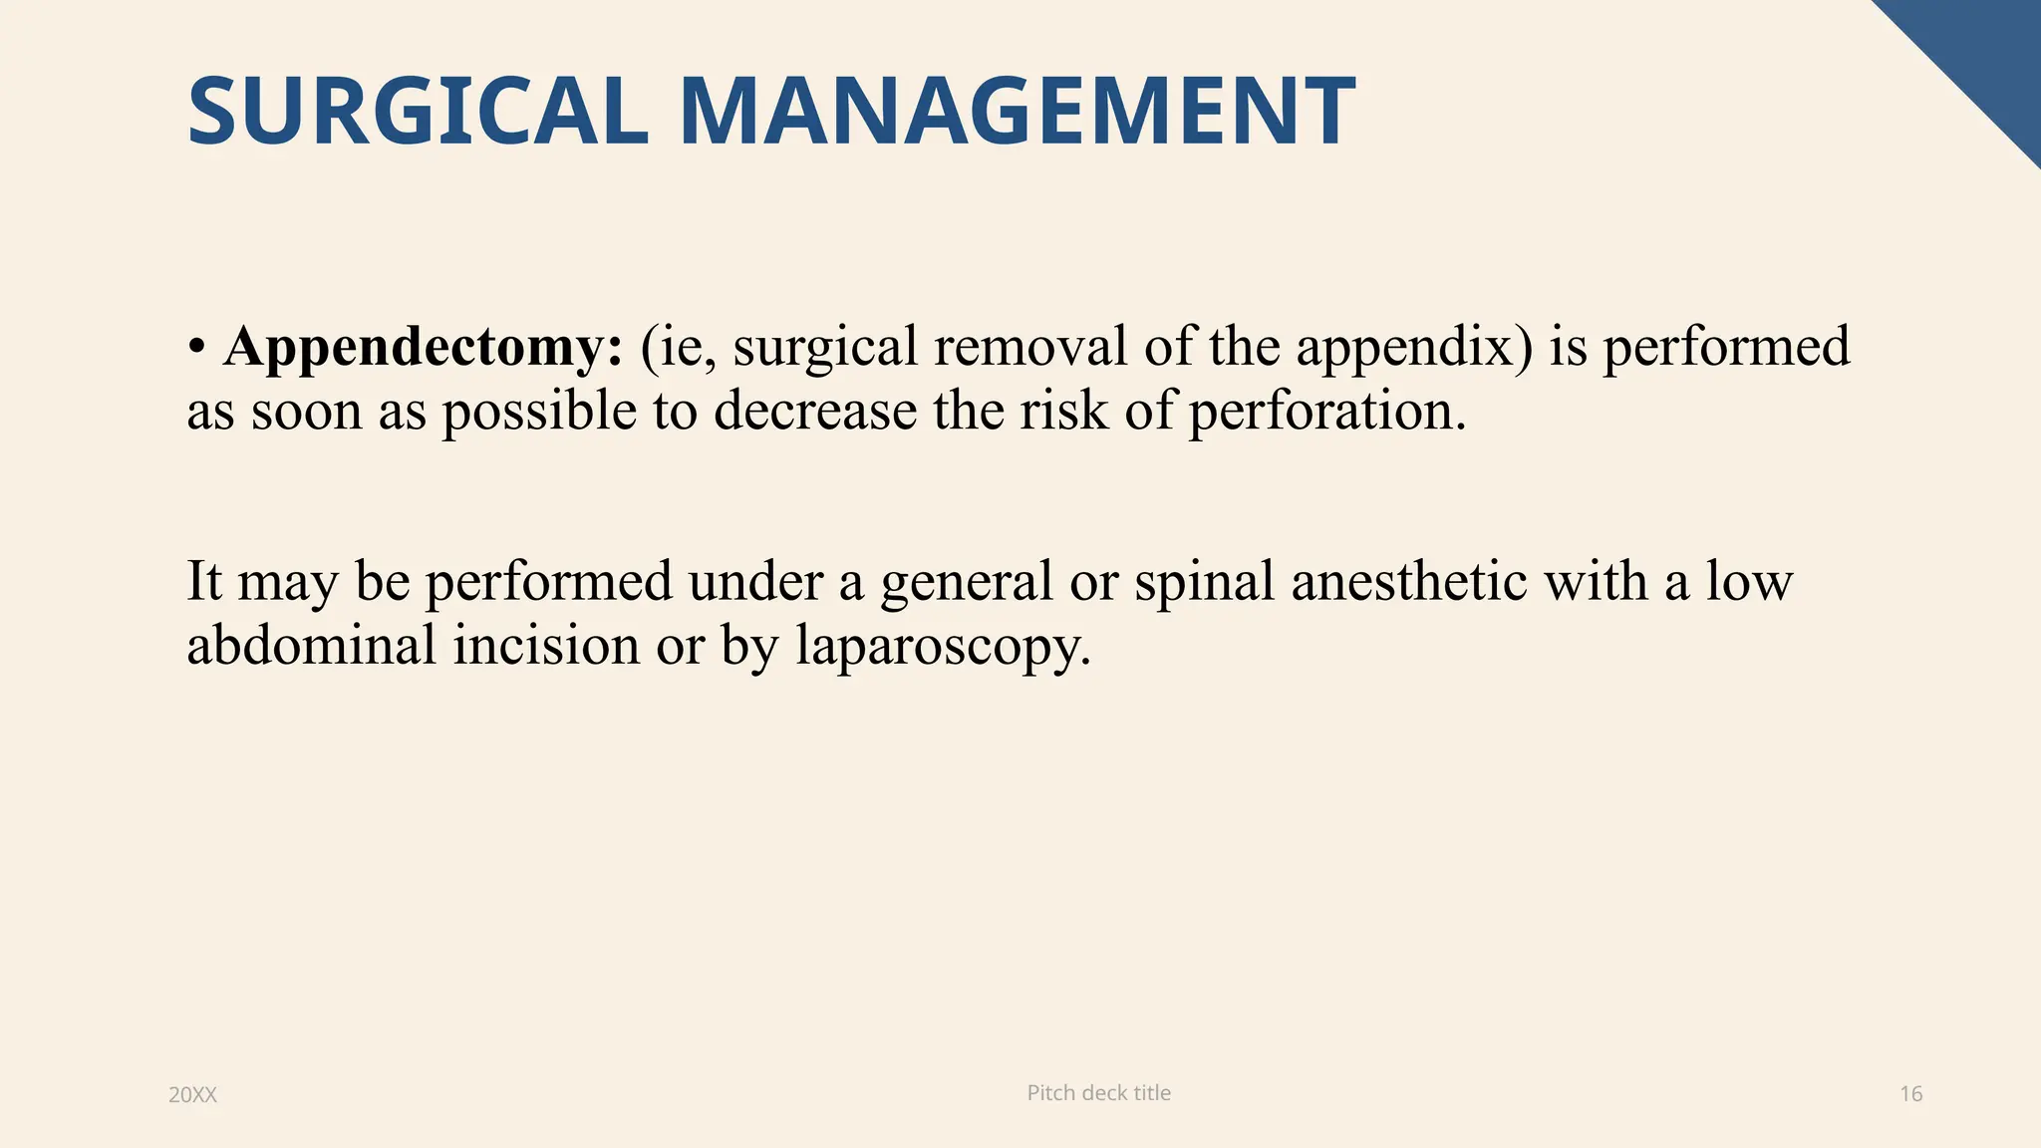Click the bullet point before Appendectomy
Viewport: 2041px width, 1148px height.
[197, 347]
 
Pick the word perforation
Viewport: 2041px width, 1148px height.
[1326, 412]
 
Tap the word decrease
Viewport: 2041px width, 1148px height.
[815, 410]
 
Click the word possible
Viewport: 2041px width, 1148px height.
[539, 412]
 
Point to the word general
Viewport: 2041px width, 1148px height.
[966, 582]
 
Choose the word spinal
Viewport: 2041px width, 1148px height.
[1204, 582]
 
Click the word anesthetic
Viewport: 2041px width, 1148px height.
[1409, 580]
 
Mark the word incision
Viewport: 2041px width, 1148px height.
[546, 644]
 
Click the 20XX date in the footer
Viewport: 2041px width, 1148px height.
[192, 1095]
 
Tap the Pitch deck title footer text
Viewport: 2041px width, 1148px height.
[1098, 1093]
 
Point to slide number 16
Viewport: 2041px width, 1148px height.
[1910, 1094]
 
